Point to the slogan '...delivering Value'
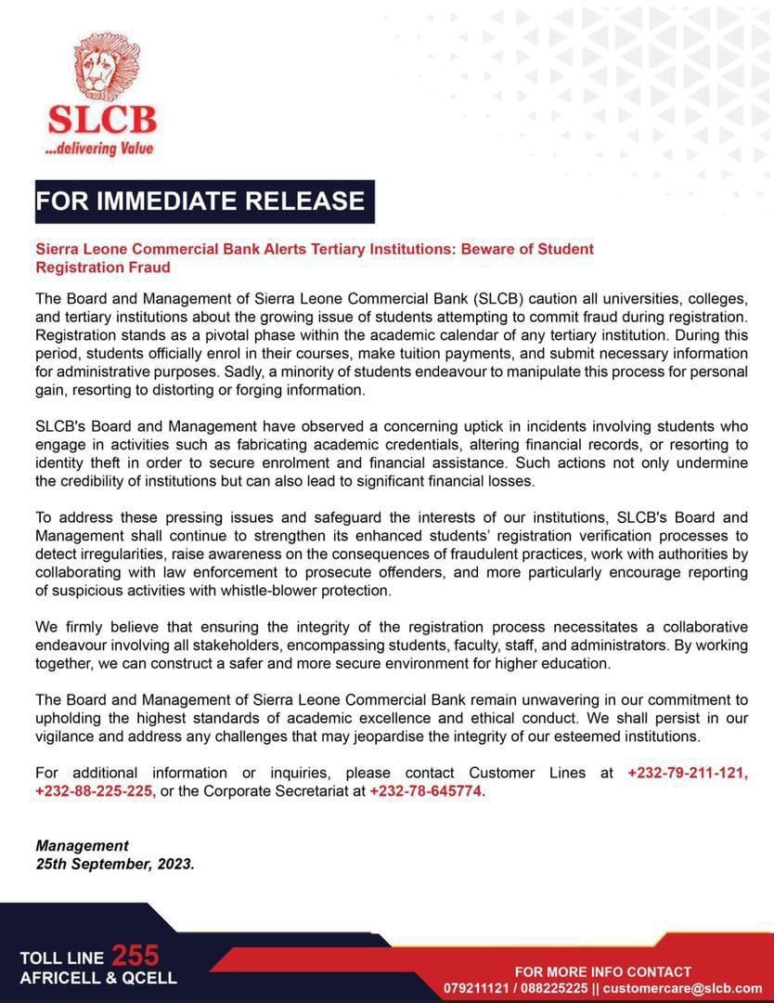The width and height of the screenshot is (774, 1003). (99, 149)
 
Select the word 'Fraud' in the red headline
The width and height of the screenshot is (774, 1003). (150, 267)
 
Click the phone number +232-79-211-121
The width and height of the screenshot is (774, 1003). (688, 773)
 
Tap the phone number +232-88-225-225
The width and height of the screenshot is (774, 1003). (96, 790)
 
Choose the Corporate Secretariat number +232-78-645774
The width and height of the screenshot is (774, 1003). (428, 790)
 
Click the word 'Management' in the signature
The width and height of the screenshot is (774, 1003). (82, 845)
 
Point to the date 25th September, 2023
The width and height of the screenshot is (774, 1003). (115, 863)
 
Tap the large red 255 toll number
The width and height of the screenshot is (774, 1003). (135, 956)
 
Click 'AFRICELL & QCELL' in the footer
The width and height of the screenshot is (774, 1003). (97, 978)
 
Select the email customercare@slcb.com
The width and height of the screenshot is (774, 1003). (683, 988)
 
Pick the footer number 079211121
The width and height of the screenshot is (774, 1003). (479, 988)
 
